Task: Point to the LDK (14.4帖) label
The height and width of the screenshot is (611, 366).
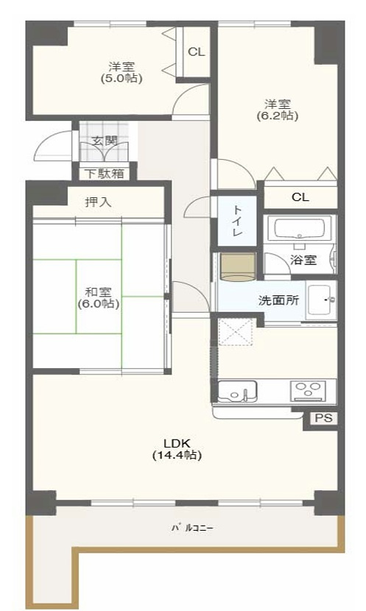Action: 177,448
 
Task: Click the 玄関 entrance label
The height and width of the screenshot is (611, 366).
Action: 103,140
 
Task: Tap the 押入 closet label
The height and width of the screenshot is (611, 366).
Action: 98,202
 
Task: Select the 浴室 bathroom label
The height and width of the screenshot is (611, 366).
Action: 303,259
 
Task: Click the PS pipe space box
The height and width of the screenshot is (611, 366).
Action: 322,418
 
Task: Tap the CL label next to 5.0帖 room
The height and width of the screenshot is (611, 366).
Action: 196,52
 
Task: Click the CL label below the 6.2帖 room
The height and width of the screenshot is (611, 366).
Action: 300,197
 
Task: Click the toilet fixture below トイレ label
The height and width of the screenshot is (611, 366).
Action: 237,266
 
